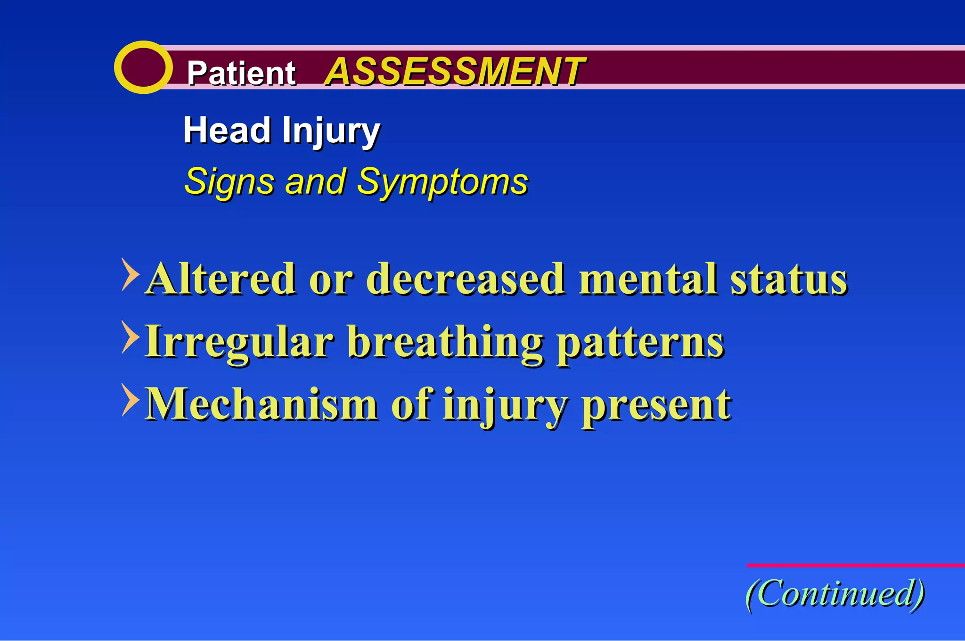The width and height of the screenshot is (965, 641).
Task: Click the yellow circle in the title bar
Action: (143, 67)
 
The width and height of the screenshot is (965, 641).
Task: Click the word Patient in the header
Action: (241, 73)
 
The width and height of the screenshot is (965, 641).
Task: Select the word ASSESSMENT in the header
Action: (454, 72)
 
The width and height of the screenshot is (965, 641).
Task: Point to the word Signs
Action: (230, 182)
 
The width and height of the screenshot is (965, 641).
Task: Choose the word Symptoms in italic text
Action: (442, 182)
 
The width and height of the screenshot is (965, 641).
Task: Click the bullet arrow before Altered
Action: (130, 274)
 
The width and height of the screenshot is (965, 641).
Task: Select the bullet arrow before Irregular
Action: (130, 337)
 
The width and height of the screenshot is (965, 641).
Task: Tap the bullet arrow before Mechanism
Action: (130, 400)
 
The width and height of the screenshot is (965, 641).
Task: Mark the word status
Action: (789, 279)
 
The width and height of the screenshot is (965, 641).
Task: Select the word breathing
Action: (445, 343)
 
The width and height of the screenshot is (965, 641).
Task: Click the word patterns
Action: (640, 343)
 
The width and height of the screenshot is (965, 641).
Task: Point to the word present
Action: (656, 405)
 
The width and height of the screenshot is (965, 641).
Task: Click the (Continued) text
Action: (835, 594)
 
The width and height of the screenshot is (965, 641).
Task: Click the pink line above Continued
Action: (855, 565)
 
